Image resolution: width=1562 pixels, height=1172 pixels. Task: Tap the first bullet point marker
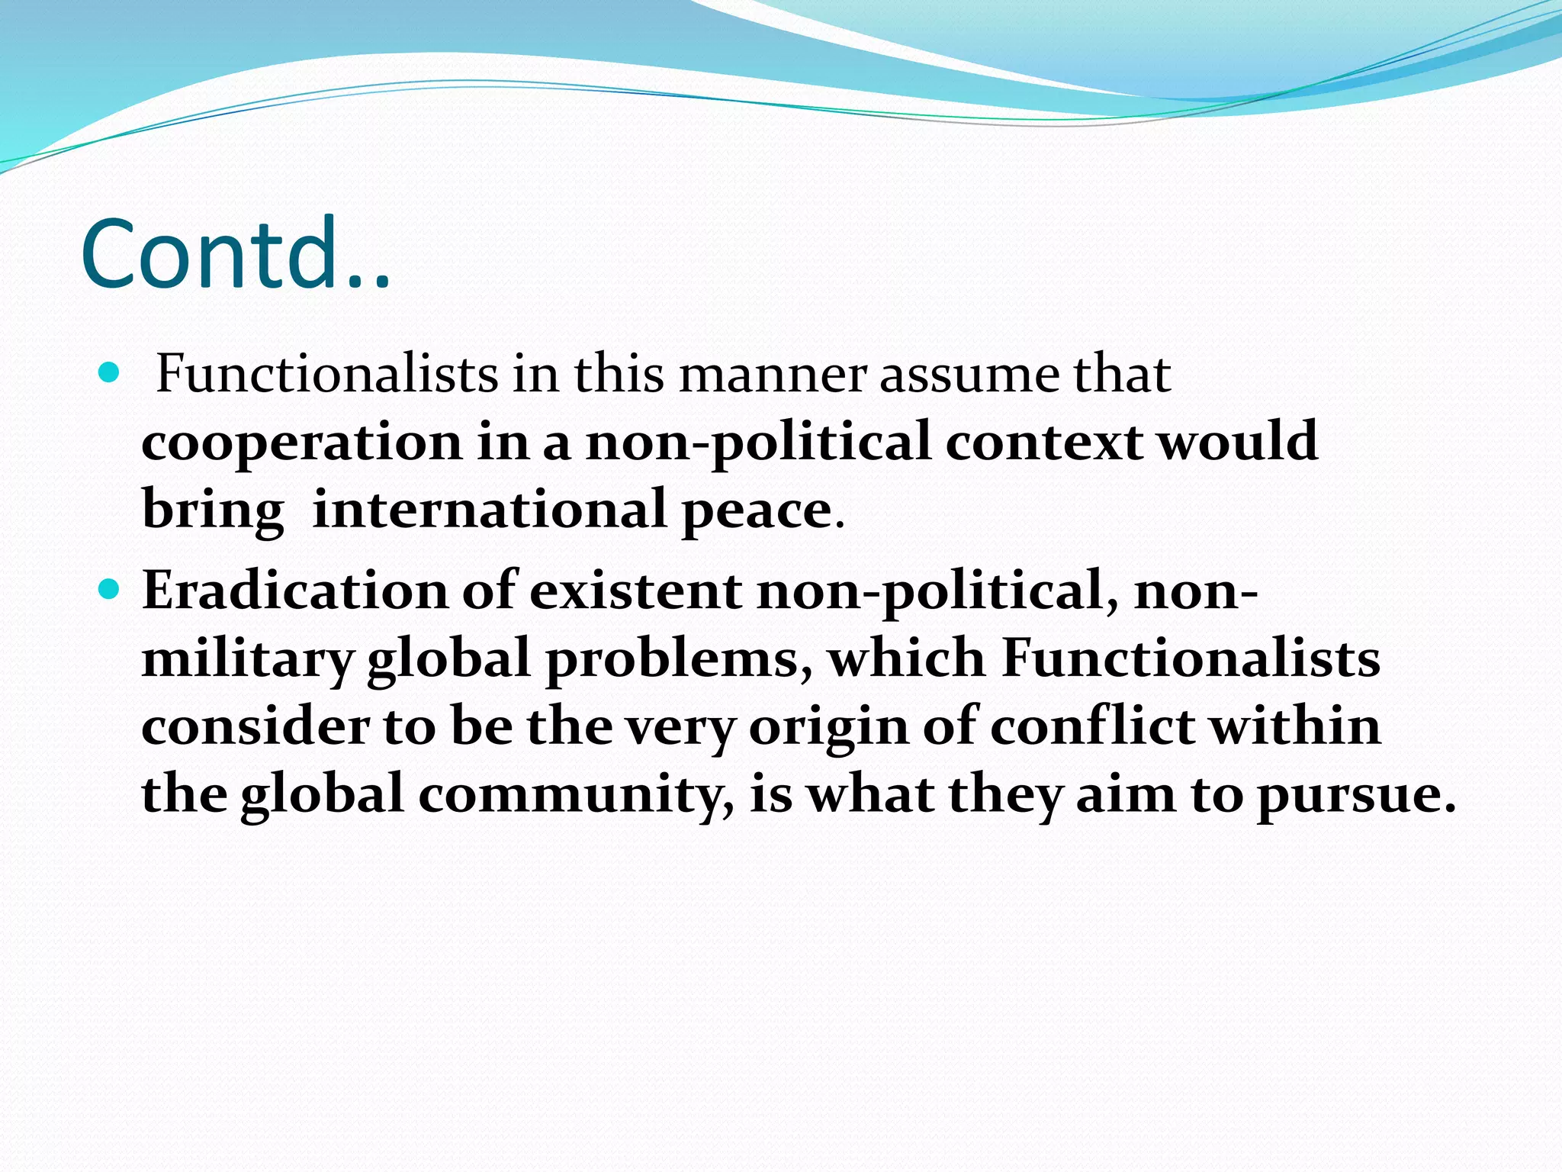click(x=110, y=373)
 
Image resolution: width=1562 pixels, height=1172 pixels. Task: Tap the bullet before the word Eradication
click(x=110, y=589)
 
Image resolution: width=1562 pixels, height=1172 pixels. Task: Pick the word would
click(x=1239, y=442)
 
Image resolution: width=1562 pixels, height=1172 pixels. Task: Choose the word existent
click(x=635, y=591)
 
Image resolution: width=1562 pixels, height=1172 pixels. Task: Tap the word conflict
click(x=1092, y=726)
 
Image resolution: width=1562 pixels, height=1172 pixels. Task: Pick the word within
click(x=1296, y=726)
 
